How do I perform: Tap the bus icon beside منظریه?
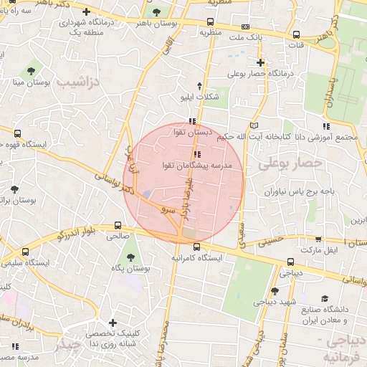(209, 22)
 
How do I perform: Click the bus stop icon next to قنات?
(296, 34)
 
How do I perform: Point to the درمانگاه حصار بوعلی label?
(262, 72)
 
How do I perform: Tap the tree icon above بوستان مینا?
(30, 70)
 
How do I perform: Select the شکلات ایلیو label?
(201, 95)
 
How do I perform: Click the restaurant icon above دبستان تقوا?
(191, 121)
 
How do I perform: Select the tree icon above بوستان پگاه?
(130, 257)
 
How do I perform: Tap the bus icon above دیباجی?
(290, 262)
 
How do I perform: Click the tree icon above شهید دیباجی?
(275, 291)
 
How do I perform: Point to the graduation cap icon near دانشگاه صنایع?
(324, 298)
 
